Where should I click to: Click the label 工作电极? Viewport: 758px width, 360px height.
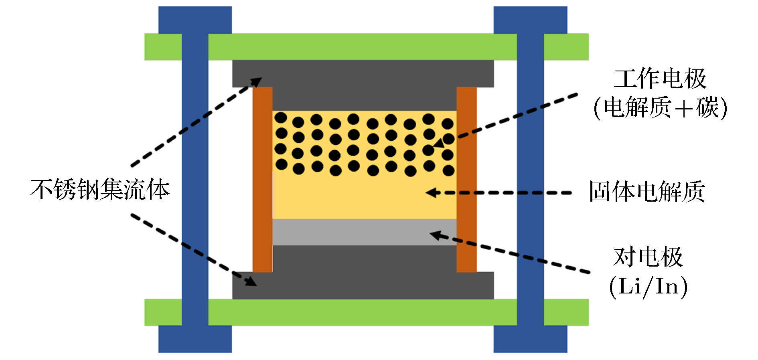pyautogui.click(x=660, y=79)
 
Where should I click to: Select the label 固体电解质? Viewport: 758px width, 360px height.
pyautogui.click(x=647, y=192)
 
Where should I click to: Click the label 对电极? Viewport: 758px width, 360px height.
pyautogui.click(x=648, y=257)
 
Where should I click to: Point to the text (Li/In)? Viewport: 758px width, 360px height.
pyautogui.click(x=648, y=286)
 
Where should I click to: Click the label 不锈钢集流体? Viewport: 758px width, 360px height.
pyautogui.click(x=100, y=189)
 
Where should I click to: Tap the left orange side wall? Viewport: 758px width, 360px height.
pyautogui.click(x=262, y=179)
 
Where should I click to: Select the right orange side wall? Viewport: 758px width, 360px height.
pyautogui.click(x=466, y=179)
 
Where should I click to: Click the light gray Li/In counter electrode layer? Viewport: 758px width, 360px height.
pyautogui.click(x=364, y=232)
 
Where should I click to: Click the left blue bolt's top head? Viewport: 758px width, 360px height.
pyautogui.click(x=195, y=20)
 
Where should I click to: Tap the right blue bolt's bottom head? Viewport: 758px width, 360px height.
pyautogui.click(x=530, y=339)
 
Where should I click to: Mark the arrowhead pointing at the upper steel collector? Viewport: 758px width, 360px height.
pyautogui.click(x=256, y=82)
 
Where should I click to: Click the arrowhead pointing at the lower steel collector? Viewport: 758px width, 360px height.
pyautogui.click(x=251, y=281)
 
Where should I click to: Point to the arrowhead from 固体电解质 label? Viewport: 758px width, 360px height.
pyautogui.click(x=431, y=193)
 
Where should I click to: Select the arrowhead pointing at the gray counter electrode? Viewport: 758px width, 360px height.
pyautogui.click(x=435, y=235)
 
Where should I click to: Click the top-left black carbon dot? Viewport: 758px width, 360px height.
pyautogui.click(x=281, y=118)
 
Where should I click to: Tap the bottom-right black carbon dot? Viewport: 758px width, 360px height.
pyautogui.click(x=448, y=171)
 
